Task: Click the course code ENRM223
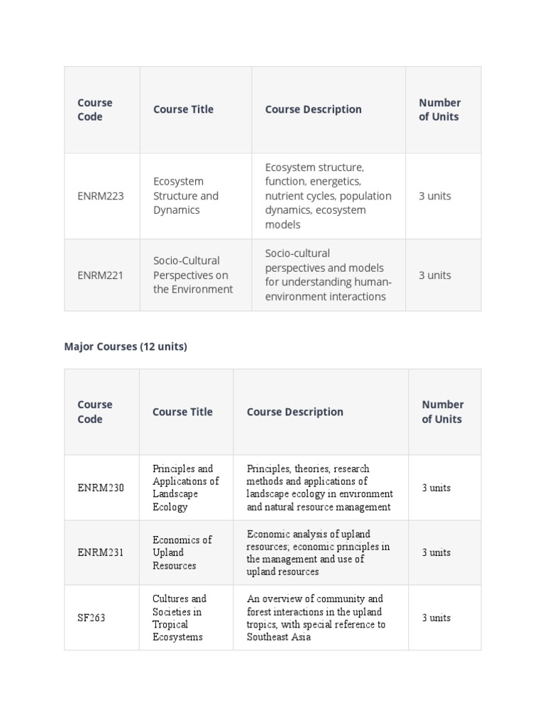(x=100, y=196)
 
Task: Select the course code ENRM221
(x=100, y=275)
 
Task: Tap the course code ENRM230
(x=100, y=488)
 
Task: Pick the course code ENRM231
(x=100, y=552)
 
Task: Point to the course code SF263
(x=91, y=618)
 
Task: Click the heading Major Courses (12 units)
(x=126, y=346)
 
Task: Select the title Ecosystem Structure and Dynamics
(x=186, y=196)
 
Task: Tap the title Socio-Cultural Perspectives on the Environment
(x=193, y=275)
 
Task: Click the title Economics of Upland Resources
(x=182, y=552)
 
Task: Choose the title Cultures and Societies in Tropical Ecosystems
(x=180, y=618)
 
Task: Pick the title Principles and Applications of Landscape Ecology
(x=185, y=488)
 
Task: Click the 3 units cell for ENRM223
(x=434, y=196)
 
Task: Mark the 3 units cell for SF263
(x=436, y=618)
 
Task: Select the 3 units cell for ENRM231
(x=436, y=552)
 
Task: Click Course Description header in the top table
(x=313, y=109)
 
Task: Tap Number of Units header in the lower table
(x=442, y=412)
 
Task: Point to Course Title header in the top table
(x=183, y=109)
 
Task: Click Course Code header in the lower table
(x=94, y=412)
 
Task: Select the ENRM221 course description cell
(x=328, y=275)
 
